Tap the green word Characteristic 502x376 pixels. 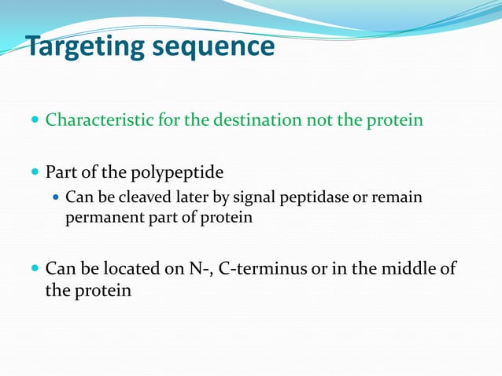click(94, 121)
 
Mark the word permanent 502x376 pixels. click(98, 218)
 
